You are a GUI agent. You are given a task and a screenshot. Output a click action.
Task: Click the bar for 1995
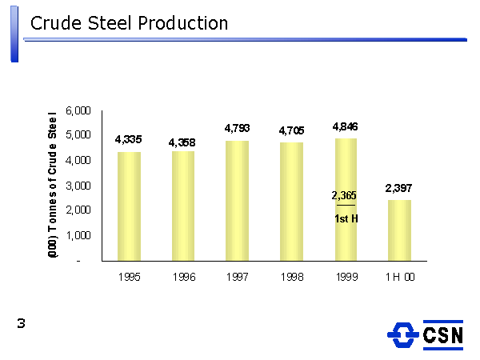(x=129, y=206)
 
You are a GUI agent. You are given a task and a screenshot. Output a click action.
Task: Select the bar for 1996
(x=183, y=206)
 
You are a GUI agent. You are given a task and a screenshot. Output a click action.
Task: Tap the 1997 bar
(x=237, y=201)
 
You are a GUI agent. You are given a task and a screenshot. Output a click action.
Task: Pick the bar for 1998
(x=291, y=202)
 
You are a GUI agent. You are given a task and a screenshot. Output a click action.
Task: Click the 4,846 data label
(x=345, y=126)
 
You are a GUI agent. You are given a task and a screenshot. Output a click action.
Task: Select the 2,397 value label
(x=398, y=188)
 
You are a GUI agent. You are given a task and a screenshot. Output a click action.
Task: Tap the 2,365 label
(x=344, y=195)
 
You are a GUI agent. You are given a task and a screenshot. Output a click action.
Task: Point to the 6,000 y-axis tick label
(x=78, y=110)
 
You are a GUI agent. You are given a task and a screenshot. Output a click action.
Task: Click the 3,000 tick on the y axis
(x=78, y=186)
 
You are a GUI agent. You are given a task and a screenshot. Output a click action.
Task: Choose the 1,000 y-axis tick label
(x=78, y=236)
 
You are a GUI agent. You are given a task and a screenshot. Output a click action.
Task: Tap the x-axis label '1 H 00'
(x=398, y=278)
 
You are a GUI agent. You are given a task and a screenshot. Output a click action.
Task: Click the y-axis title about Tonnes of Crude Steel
(x=53, y=185)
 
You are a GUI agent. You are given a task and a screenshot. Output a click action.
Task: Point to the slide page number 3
(x=22, y=323)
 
